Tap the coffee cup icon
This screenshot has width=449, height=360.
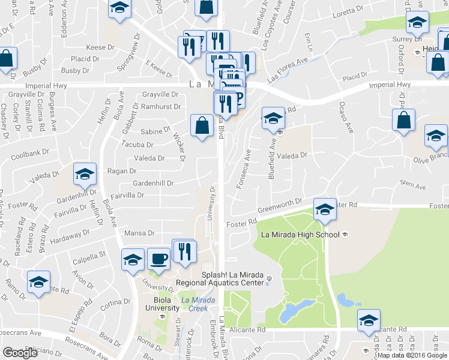tap(158, 259)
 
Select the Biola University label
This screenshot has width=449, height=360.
tap(162, 304)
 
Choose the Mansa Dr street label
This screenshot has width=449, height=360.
tap(139, 233)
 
